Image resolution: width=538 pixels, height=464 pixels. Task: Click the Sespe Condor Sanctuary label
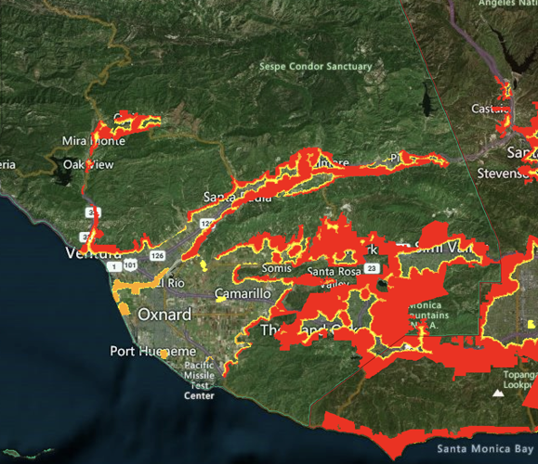coord(317,67)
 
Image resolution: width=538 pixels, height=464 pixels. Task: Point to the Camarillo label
coord(242,293)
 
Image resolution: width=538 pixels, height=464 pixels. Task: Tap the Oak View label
coord(87,164)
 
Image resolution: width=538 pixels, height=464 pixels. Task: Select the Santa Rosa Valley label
coord(334,278)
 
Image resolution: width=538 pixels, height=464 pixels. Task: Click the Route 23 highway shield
coord(372,268)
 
